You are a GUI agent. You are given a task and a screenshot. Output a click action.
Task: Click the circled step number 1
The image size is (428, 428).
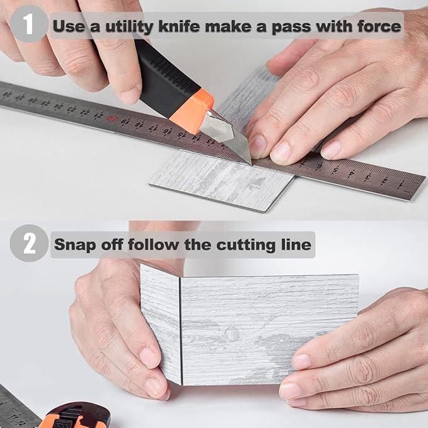29,24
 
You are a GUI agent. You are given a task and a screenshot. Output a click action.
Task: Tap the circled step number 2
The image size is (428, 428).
29,243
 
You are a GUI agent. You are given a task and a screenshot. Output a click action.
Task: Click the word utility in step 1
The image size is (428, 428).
129,27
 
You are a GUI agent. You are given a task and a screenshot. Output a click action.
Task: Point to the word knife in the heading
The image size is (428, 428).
180,26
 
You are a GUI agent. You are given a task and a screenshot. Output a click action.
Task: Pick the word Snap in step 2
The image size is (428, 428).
75,245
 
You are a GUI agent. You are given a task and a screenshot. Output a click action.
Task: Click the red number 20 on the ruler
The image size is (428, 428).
111,119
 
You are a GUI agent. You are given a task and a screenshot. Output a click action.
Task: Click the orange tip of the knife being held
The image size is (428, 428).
192,112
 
